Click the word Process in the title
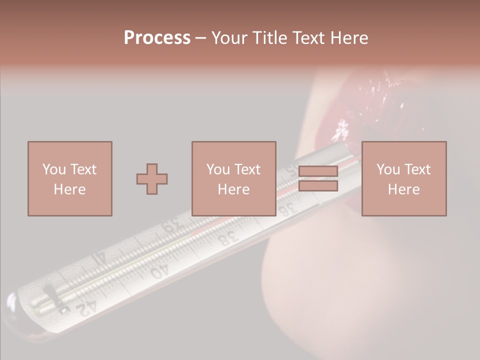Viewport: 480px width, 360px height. [157, 38]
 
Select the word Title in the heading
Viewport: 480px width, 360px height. [271, 38]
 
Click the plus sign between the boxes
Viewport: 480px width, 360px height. [152, 179]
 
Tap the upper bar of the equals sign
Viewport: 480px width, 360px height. [318, 172]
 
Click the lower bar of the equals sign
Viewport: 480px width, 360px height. [318, 186]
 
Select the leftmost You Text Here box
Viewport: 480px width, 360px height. [70, 179]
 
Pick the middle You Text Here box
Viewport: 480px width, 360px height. [234, 179]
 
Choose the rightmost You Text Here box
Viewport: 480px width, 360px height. [404, 179]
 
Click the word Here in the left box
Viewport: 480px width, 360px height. [70, 189]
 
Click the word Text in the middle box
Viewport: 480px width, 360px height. [247, 169]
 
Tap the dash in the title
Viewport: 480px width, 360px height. [201, 38]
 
